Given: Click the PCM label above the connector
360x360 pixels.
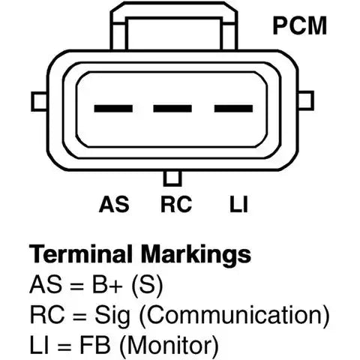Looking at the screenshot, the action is [300, 25].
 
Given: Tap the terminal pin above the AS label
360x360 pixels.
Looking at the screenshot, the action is [113, 109].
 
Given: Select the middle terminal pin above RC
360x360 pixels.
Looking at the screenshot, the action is [172, 109].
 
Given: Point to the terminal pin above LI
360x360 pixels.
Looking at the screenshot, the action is [233, 109].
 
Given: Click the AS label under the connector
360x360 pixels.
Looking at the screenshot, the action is [114, 204].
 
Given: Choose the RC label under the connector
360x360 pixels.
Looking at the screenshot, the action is [176, 204].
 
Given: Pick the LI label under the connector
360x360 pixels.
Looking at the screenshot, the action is [238, 204].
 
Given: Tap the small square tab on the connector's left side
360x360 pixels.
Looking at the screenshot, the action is [39, 101].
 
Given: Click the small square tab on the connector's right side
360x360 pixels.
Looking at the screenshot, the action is [306, 100].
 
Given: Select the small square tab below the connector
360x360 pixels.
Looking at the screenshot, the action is [172, 178].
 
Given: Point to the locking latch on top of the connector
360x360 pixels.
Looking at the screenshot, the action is [174, 26].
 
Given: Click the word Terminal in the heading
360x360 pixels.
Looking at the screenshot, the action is [81, 254].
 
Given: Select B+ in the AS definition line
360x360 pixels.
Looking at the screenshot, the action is [107, 284].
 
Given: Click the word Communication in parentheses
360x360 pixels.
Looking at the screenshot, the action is [234, 316].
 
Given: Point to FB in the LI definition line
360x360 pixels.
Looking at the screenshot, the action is [95, 345].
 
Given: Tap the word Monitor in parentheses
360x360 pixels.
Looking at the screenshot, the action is [169, 346].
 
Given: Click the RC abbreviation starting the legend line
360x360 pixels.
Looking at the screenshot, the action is [47, 314].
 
